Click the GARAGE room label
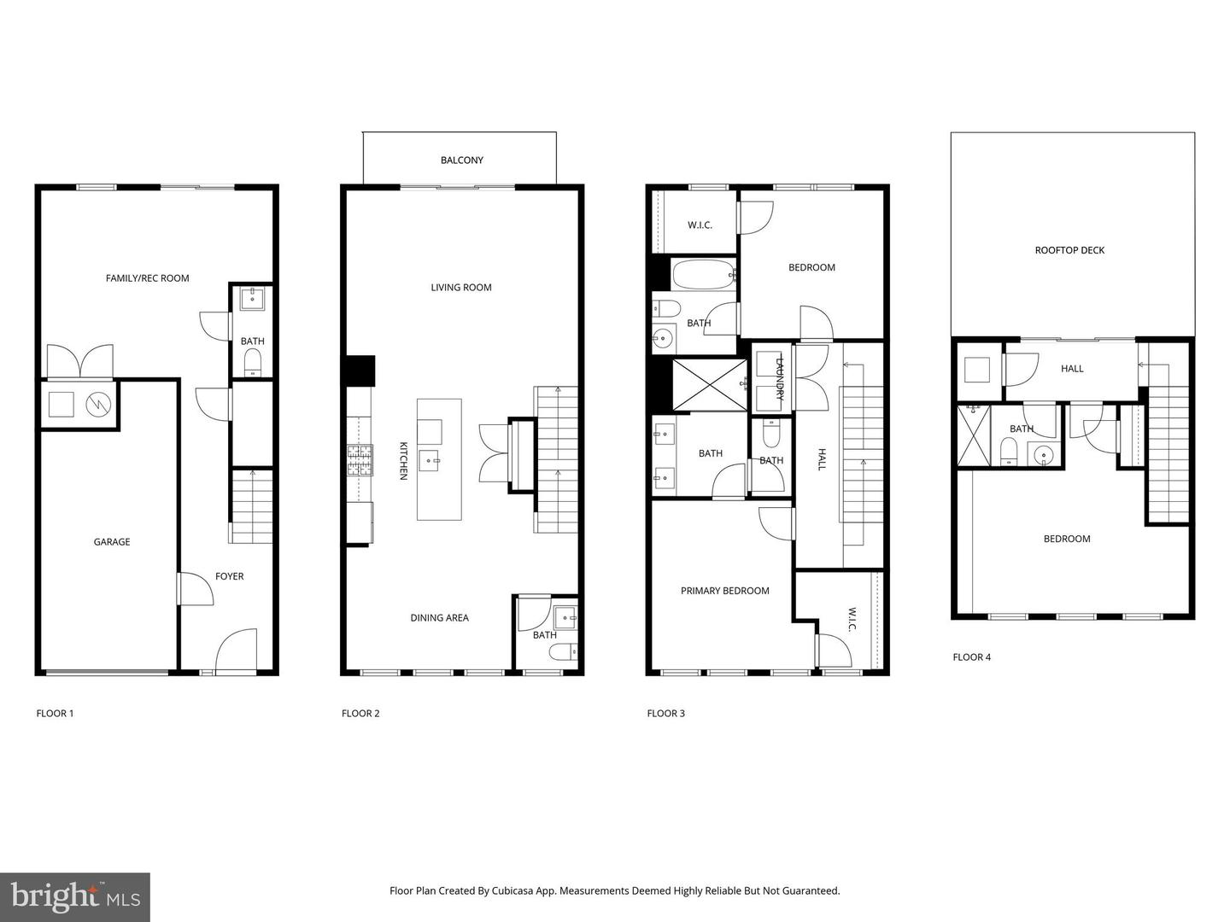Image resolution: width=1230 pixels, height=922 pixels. click(x=112, y=541)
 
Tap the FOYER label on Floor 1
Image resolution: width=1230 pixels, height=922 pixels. click(x=229, y=576)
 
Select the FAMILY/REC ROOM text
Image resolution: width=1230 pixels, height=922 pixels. click(x=147, y=277)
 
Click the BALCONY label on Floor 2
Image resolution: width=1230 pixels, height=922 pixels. click(x=461, y=160)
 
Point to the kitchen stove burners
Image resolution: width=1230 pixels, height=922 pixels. click(x=360, y=460)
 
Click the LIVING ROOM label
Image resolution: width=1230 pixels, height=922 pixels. click(x=460, y=287)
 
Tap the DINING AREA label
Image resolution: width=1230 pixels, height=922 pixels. click(x=439, y=617)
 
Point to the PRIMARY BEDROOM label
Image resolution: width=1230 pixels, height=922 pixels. click(x=724, y=590)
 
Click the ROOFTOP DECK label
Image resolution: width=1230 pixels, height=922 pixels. click(x=1069, y=250)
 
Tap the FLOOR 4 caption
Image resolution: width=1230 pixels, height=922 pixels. click(x=971, y=656)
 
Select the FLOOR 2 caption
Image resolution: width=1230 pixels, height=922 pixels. click(x=360, y=713)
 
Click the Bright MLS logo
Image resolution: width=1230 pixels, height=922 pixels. click(x=75, y=896)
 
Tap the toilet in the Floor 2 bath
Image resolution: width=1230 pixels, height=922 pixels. click(x=563, y=653)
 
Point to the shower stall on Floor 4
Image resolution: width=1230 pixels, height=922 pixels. click(x=973, y=435)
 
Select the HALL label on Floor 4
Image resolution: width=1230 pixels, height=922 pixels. click(x=1072, y=368)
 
